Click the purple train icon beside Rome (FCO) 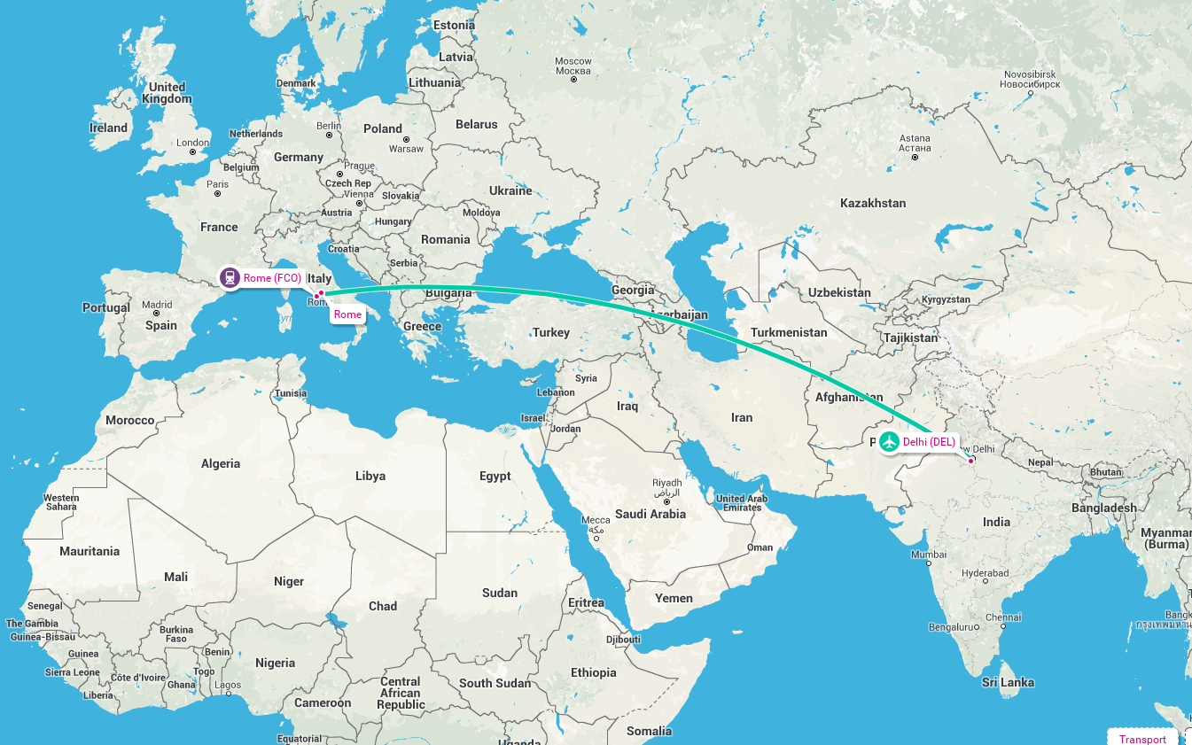tap(230, 277)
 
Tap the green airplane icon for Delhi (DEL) tap(889, 442)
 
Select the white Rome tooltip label tap(347, 314)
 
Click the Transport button tap(1142, 739)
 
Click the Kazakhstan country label tap(873, 203)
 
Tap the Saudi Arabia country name tap(651, 514)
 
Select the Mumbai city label tap(929, 555)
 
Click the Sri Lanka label tap(1008, 682)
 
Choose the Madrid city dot tap(157, 314)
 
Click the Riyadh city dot tap(666, 501)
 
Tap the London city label tap(192, 143)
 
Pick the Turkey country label tap(550, 332)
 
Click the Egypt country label tap(495, 476)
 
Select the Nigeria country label tap(275, 663)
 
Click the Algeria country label tap(221, 463)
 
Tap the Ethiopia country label tap(593, 672)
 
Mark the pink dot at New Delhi tap(971, 461)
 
